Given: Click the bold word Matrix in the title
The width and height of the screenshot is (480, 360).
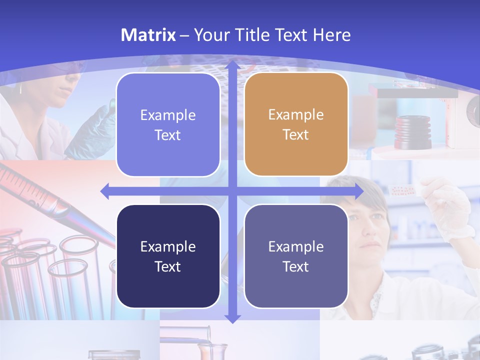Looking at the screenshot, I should coord(148,35).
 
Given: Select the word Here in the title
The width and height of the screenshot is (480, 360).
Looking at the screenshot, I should coord(331,35).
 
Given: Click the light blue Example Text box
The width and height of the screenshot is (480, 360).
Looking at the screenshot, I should coord(168,125).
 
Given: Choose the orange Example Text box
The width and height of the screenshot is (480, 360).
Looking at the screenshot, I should coord(296,124).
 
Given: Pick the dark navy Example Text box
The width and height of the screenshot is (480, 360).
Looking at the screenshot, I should coord(168,256).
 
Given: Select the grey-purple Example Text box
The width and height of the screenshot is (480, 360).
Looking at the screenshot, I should coord(296,256).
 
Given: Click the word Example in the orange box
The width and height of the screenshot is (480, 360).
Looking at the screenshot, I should coord(295,114).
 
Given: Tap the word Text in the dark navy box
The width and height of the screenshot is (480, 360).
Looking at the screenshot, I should coord(167,266).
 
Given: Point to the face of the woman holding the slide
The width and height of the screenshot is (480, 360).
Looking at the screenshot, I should coord(370,220).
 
